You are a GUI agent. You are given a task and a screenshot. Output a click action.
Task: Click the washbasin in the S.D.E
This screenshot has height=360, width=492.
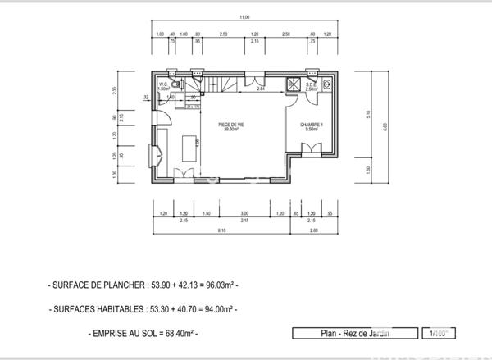[x=326, y=83]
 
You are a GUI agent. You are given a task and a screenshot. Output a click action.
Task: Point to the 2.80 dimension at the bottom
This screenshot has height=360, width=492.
[x=314, y=230]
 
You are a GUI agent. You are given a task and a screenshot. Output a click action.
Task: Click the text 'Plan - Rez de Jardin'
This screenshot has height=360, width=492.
[x=354, y=333]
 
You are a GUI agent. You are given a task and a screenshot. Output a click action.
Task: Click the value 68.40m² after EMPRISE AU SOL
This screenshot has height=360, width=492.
[x=179, y=334]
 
